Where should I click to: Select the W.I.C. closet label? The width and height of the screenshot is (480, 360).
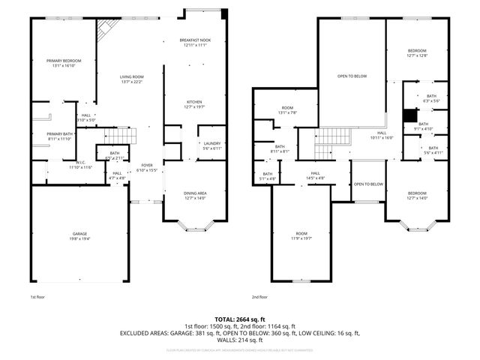80,164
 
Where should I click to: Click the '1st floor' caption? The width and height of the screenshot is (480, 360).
38,296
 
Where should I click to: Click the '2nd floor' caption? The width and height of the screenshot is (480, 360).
260,296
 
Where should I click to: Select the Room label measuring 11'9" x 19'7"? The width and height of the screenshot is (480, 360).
301,235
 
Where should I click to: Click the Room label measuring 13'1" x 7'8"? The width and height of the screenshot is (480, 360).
289,110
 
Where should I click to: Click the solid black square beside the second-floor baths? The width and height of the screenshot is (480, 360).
409,115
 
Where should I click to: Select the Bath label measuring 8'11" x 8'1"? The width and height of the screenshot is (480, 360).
280,148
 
